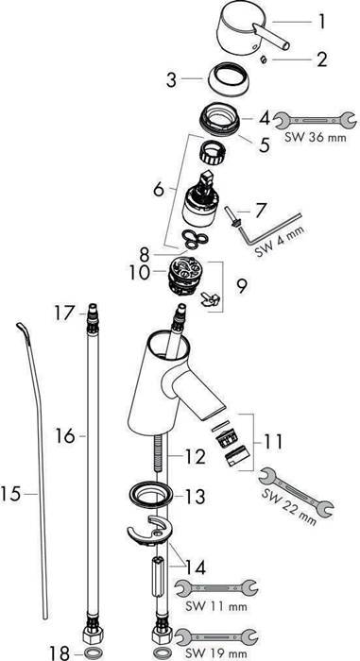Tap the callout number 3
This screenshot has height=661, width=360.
point(172,81)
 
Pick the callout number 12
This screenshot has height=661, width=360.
point(194,457)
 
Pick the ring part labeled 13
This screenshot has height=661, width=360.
point(148,494)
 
